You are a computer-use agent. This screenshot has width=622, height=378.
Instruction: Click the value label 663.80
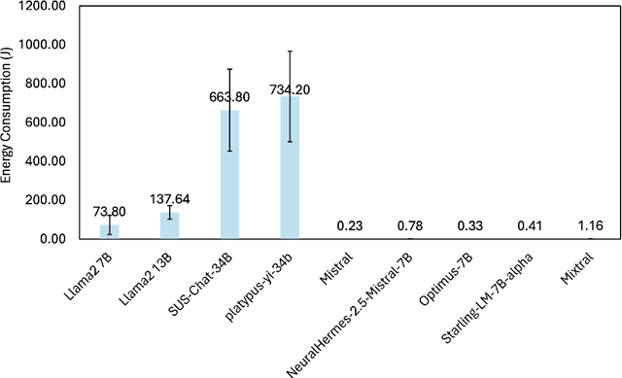pos(229,97)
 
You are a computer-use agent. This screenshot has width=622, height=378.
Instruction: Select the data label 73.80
pos(110,212)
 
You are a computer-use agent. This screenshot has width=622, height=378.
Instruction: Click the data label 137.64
pos(169,199)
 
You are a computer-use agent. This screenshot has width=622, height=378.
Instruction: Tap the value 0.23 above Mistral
pos(350,226)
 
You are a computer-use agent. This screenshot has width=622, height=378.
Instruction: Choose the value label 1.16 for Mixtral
pos(590,226)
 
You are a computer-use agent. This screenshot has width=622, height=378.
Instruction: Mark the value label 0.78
pos(410,226)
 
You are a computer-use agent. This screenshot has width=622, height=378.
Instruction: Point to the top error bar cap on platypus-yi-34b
pos(290,51)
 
